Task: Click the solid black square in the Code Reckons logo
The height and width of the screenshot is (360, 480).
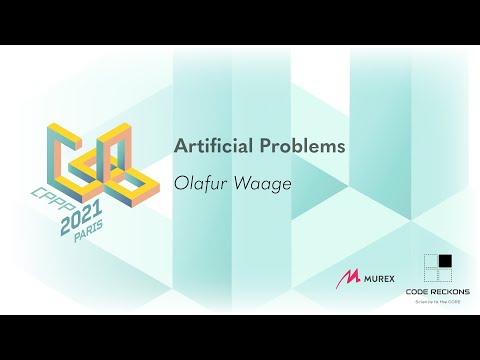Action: (445, 262)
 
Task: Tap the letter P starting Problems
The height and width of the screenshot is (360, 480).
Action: (273, 145)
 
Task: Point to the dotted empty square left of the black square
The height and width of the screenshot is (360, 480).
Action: (431, 262)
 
